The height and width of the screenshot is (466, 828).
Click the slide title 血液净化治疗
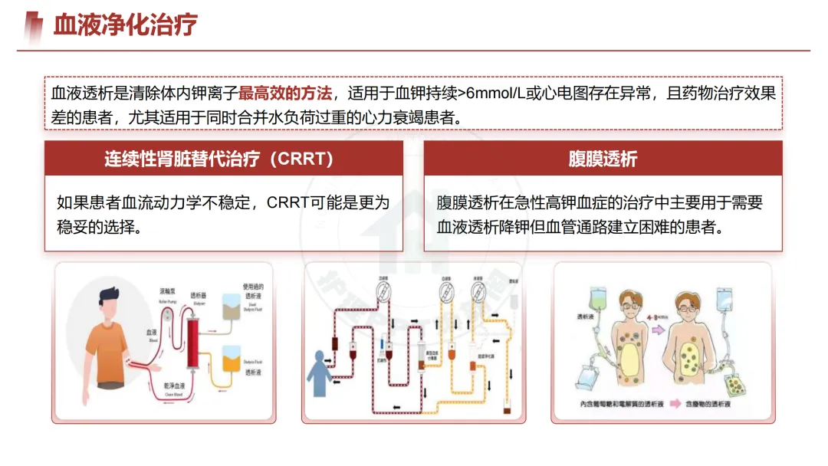pyautogui.click(x=125, y=25)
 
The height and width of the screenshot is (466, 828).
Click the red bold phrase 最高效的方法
pyautogui.click(x=285, y=94)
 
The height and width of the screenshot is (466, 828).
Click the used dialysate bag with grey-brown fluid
pyautogui.click(x=230, y=307)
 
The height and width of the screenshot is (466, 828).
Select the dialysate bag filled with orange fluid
pyautogui.click(x=231, y=358)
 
